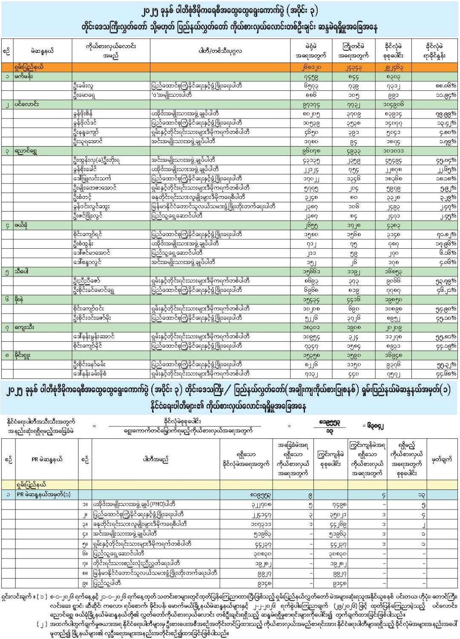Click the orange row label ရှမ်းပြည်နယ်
click(29, 67)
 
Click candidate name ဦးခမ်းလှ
click(83, 86)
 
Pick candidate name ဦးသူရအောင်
click(87, 141)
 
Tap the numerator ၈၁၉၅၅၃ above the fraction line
click(329, 421)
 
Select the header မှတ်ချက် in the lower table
click(441, 459)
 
